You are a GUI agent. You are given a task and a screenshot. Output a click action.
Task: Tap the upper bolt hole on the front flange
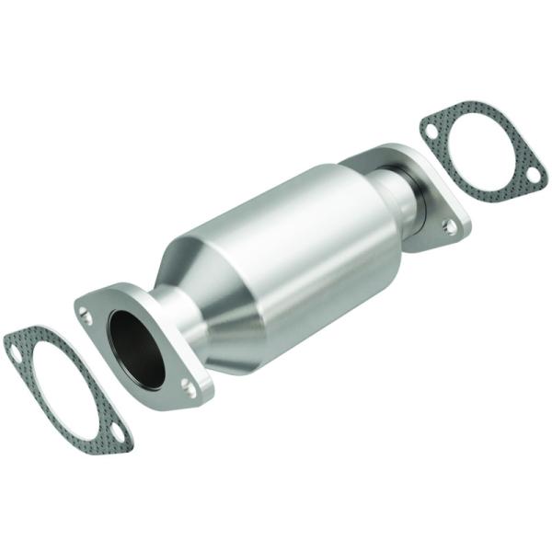[x=86, y=317]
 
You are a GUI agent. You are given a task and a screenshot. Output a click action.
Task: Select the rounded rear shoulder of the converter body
[x=368, y=184]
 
